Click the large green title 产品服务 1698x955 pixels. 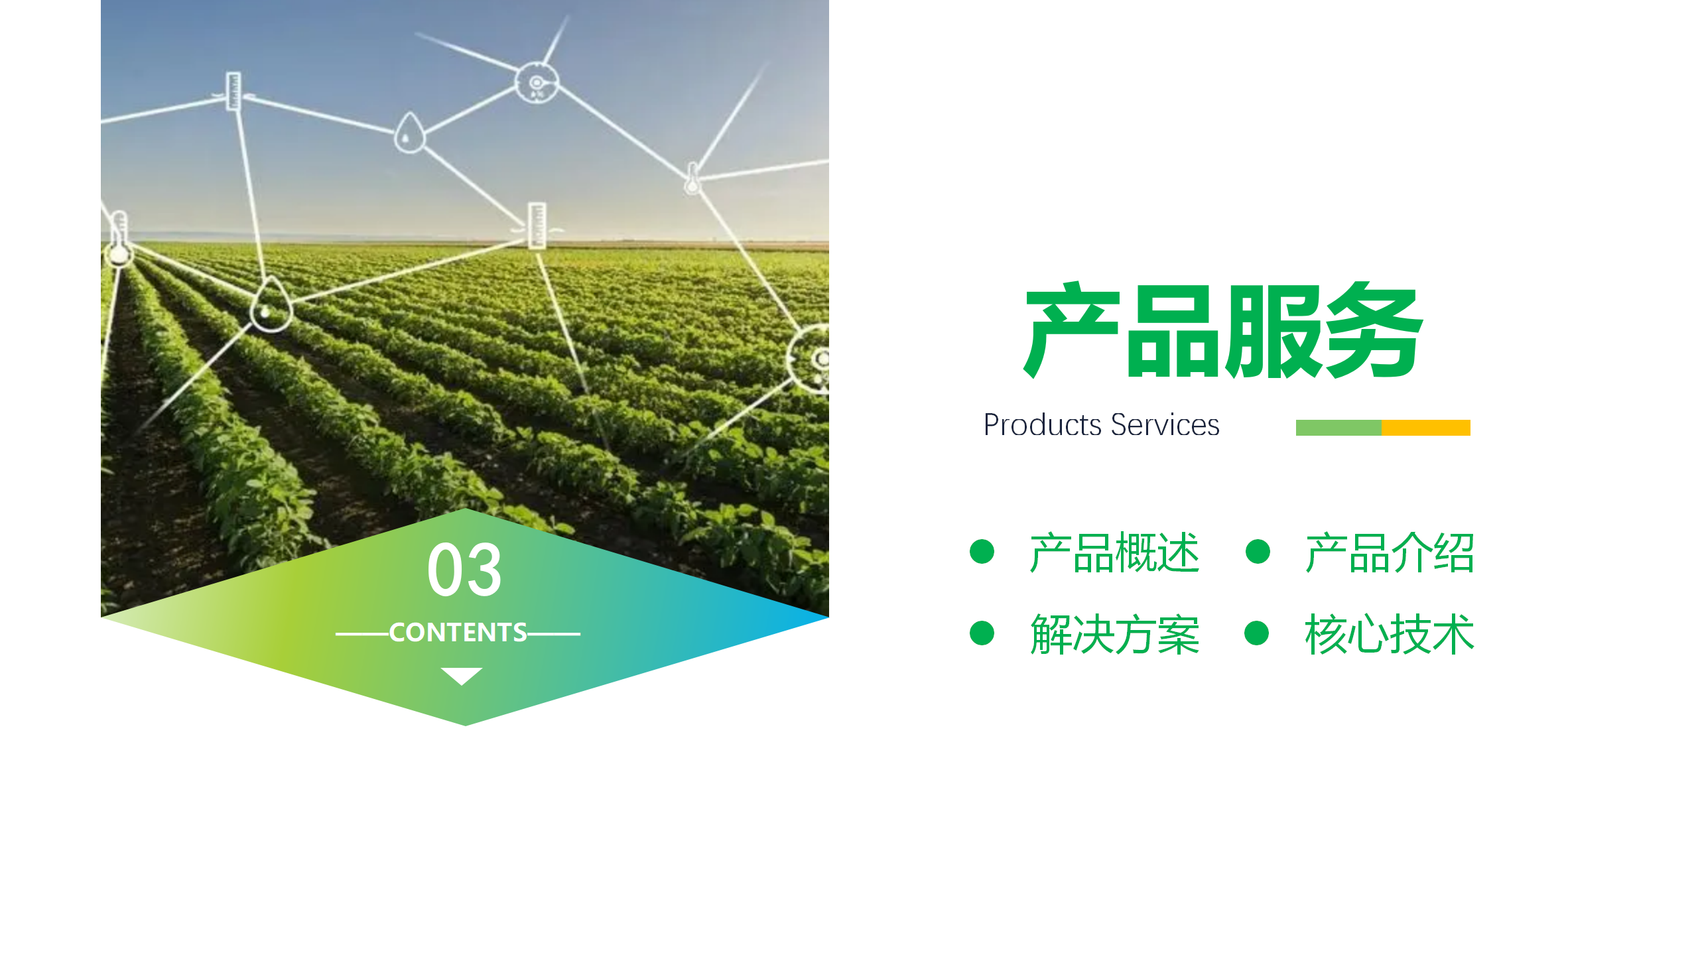(1223, 330)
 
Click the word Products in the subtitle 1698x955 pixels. (1043, 425)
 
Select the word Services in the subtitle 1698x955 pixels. (1165, 425)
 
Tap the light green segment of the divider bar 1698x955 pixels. (1339, 428)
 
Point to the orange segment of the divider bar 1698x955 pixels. (1426, 428)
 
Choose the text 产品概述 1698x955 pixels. (1114, 552)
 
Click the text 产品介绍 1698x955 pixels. (1390, 552)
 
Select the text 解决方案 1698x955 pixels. (1114, 635)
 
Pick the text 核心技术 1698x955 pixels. (1390, 635)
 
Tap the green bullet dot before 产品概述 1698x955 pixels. (982, 551)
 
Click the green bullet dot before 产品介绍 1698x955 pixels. (1258, 551)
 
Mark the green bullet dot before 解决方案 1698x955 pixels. (982, 633)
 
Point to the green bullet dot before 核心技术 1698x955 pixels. (1257, 633)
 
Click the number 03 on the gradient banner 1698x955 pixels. (464, 570)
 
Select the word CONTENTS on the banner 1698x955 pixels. (458, 633)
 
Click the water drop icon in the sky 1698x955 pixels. (409, 133)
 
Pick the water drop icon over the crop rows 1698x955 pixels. (271, 306)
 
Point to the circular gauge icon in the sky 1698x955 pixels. (537, 83)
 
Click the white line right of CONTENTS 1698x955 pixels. (554, 634)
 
